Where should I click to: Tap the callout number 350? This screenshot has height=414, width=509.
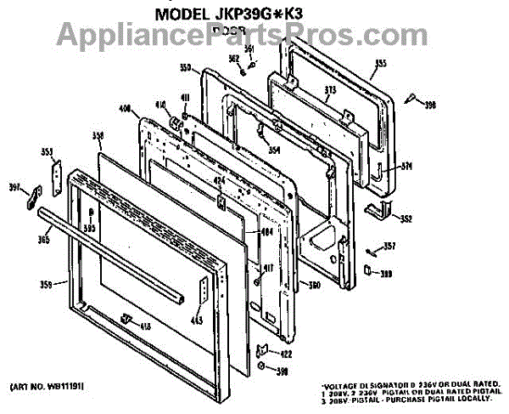[x=185, y=67]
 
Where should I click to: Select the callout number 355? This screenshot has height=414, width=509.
[x=380, y=64]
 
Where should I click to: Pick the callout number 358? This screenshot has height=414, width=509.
[x=98, y=136]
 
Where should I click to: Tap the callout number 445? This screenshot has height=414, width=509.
[x=196, y=320]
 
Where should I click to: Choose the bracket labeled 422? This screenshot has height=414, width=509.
[x=265, y=350]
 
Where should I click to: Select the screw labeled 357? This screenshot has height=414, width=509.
[x=373, y=251]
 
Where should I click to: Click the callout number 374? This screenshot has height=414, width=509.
[x=406, y=166]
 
